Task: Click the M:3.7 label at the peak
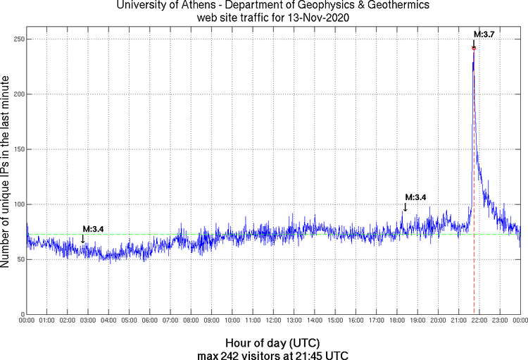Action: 484,34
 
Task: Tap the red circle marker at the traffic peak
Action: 474,48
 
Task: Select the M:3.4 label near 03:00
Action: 93,229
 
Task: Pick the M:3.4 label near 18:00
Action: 415,197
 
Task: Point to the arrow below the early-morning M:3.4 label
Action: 83,240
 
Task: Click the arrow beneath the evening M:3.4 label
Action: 405,207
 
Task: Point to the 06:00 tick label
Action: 150,322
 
